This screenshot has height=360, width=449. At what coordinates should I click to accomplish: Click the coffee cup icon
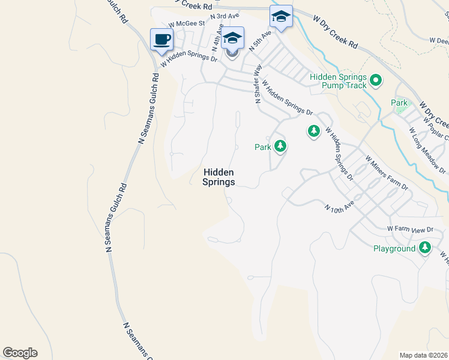pos(161,40)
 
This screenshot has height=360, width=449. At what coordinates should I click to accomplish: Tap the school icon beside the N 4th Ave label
pos(232,38)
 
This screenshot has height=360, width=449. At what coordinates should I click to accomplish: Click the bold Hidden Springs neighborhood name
pos(218,176)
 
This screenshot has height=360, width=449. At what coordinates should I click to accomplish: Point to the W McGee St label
pos(187,25)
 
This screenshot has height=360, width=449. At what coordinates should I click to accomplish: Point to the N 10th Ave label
pos(339,208)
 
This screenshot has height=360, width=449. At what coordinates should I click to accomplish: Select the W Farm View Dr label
pos(410,229)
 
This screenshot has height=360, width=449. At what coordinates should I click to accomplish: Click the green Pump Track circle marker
pos(376,79)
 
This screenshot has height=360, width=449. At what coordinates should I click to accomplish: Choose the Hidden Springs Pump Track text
pos(338,81)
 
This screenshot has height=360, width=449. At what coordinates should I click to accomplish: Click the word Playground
pos(394,248)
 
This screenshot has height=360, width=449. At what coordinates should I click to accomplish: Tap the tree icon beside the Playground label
pos(425,247)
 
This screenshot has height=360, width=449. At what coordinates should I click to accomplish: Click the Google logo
pos(20,353)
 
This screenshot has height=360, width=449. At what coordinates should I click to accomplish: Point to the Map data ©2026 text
pos(424,355)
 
